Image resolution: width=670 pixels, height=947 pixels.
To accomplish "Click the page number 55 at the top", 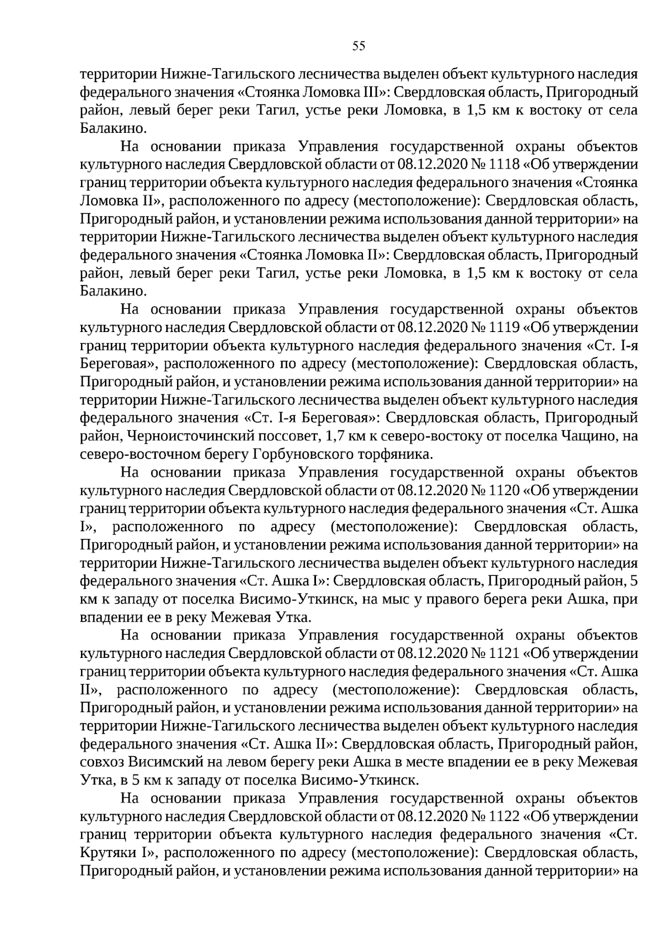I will pyautogui.click(x=358, y=46).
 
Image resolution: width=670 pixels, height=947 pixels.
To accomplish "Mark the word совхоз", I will pyautogui.click(x=101, y=763).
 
